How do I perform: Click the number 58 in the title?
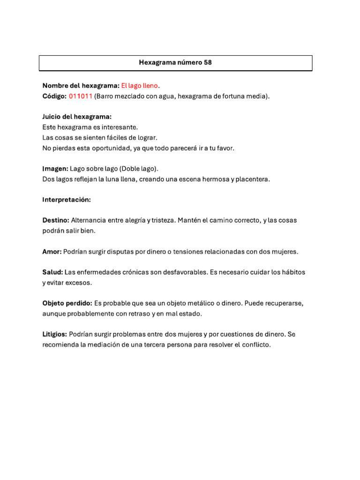pyautogui.click(x=208, y=62)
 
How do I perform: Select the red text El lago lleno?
pyautogui.click(x=140, y=86)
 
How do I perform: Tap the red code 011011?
pyautogui.click(x=81, y=96)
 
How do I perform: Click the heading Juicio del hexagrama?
pyautogui.click(x=77, y=117)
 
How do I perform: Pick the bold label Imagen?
pyautogui.click(x=55, y=168)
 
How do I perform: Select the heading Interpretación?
pyautogui.click(x=67, y=200)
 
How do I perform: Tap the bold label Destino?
pyautogui.click(x=56, y=220)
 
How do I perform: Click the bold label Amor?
pyautogui.click(x=52, y=252)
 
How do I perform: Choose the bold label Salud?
pyautogui.click(x=52, y=272)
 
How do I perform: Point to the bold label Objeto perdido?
pyautogui.click(x=67, y=303)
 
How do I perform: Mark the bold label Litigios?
pyautogui.click(x=55, y=335)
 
